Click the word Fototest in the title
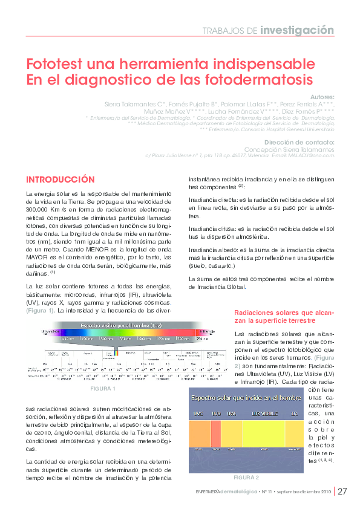coord(58,64)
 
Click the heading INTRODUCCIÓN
coord(60,180)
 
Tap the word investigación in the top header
coord(297,30)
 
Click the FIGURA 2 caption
coord(246,478)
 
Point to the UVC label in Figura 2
coord(198,414)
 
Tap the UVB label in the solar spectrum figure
coord(215,414)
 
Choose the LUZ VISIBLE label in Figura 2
coord(260,414)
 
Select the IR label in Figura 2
coord(295,414)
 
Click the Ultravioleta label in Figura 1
coord(50,332)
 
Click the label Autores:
coord(321,97)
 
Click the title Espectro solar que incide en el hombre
coord(246,398)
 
